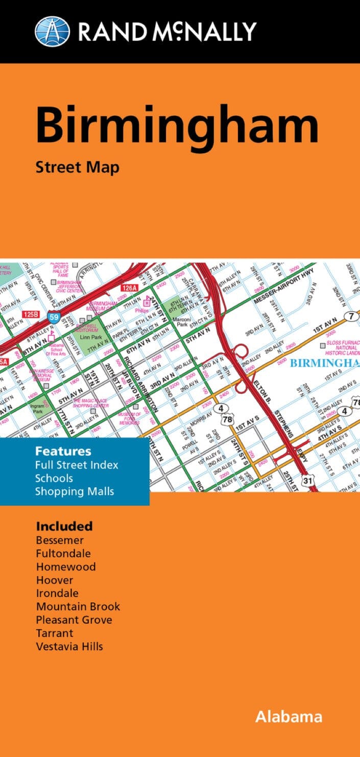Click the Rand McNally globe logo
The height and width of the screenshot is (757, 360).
pos(52,31)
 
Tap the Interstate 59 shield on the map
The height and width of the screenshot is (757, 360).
pos(53,316)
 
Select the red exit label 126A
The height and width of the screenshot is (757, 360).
pos(130,288)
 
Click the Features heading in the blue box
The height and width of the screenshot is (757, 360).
pos(63,451)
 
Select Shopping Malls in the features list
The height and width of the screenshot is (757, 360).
pos(75,491)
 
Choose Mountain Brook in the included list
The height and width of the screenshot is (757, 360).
pos(78,606)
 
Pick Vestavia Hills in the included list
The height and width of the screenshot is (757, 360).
pos(69,646)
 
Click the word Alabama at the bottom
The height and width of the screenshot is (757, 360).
pos(289,717)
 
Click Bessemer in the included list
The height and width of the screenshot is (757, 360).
pos(60,540)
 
